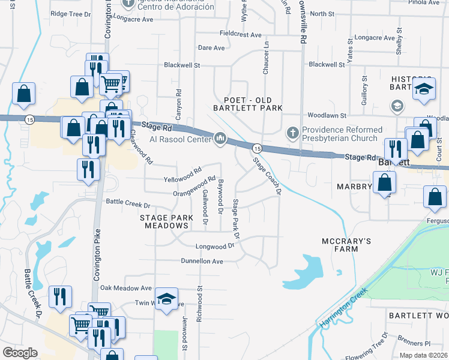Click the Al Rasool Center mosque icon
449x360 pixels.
coord(220,139)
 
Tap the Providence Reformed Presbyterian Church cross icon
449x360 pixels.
coord(292,133)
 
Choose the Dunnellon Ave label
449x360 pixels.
coord(202,261)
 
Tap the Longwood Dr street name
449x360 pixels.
coord(214,246)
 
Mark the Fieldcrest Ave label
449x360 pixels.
coord(241,35)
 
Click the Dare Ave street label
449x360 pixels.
coord(211,48)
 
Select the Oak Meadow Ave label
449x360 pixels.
coord(125,288)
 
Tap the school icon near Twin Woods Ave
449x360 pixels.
coord(166,298)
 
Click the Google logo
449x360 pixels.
coord(20,353)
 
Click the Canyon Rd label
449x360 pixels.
coord(178,101)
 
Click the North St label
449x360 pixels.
coord(322,13)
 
